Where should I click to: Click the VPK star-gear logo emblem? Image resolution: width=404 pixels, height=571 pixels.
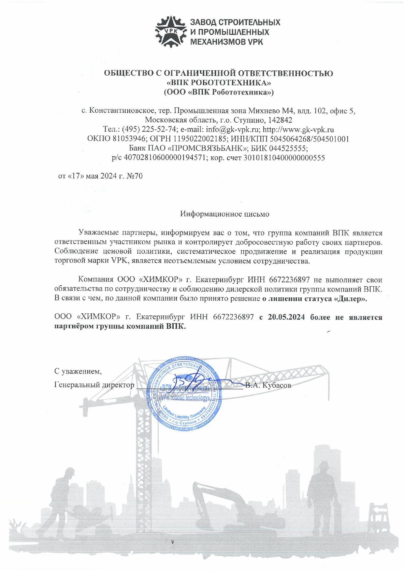[x=171, y=31]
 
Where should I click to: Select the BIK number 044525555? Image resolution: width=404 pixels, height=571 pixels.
[x=288, y=148]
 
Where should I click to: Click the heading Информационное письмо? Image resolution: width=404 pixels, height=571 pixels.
[x=225, y=214]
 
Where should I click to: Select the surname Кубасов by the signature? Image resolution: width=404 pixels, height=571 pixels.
[x=277, y=385]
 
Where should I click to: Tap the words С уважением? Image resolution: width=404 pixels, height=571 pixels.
[x=78, y=371]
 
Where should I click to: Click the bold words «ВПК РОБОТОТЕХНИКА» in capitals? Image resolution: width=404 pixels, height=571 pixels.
[x=218, y=83]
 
